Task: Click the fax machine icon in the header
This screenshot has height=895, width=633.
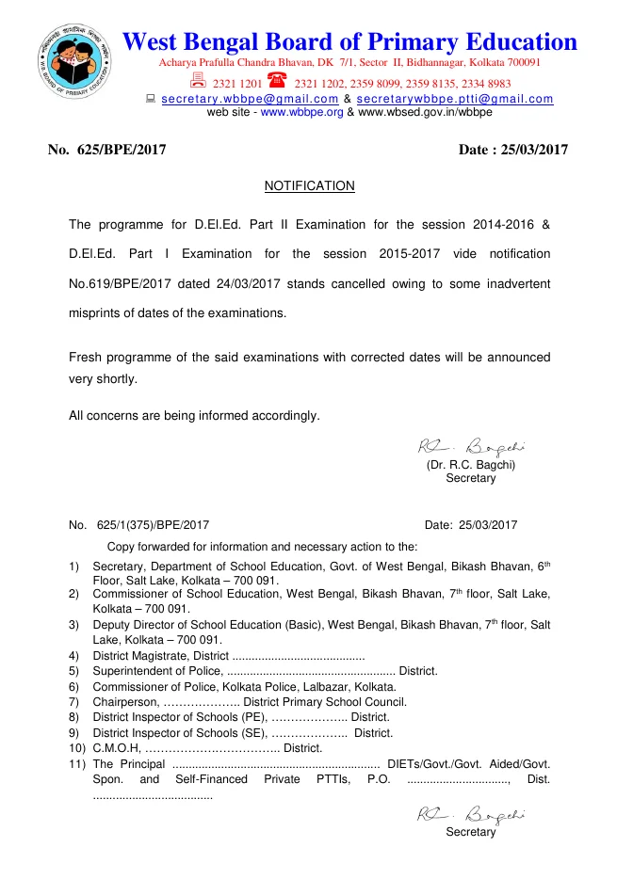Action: [199, 81]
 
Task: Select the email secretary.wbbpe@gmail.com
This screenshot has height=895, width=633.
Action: [250, 99]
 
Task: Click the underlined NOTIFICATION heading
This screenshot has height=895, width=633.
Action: [309, 186]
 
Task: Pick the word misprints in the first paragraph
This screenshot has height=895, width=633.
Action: [99, 312]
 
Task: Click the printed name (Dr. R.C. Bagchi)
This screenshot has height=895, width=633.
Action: [471, 465]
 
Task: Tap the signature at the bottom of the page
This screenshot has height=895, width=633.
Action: [471, 814]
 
